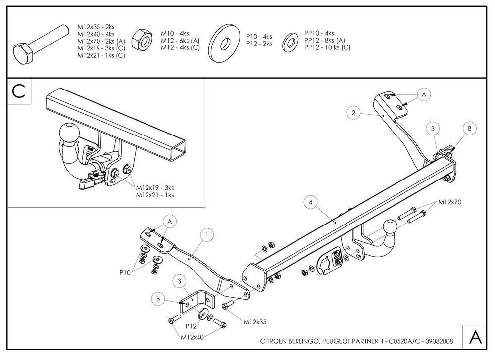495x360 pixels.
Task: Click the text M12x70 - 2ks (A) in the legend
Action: click(101, 42)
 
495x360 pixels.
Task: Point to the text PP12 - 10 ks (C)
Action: click(327, 48)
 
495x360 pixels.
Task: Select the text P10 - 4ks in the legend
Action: click(259, 37)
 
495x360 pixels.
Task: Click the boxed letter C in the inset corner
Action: click(19, 91)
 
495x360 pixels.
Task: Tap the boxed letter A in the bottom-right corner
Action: click(476, 337)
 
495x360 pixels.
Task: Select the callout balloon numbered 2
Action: click(353, 113)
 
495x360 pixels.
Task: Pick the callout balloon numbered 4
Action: click(310, 202)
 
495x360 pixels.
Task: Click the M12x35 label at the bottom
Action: click(255, 322)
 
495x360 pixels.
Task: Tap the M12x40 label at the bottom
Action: click(192, 337)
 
